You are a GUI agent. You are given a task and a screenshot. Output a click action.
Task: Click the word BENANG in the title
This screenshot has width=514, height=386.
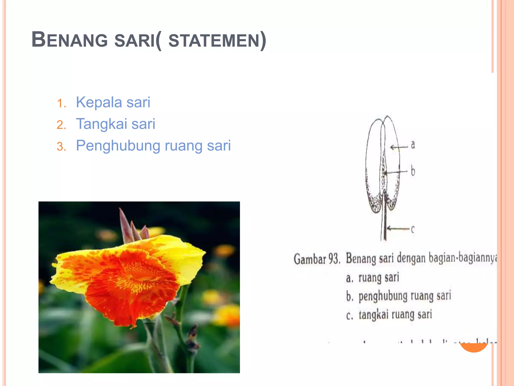click(x=70, y=40)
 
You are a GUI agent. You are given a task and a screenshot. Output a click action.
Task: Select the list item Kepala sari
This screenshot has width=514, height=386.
click(x=113, y=102)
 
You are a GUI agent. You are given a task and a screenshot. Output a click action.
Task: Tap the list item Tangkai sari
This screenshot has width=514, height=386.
click(x=115, y=124)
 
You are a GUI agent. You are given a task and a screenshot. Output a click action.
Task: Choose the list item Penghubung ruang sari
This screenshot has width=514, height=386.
click(x=153, y=146)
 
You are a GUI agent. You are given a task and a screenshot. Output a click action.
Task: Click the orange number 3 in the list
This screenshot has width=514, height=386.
click(x=61, y=147)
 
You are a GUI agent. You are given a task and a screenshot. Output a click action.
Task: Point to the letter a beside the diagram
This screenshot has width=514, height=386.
click(x=413, y=145)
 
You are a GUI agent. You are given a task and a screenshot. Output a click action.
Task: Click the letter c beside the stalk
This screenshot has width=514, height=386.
click(x=413, y=229)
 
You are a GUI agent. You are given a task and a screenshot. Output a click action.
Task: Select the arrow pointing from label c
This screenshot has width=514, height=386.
click(x=398, y=228)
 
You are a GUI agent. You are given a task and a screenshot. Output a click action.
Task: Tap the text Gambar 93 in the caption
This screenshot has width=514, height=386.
click(x=317, y=259)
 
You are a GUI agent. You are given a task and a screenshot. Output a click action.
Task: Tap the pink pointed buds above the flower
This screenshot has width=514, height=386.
click(x=131, y=226)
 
